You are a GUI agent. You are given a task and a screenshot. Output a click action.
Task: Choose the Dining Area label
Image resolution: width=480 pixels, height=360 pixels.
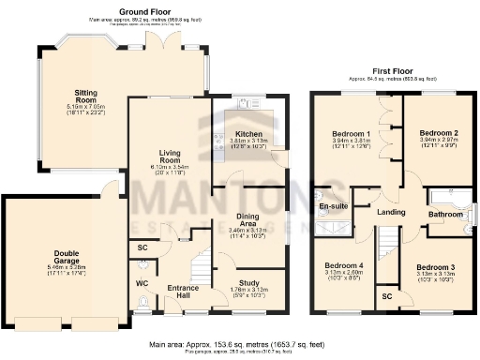(x=247, y=217)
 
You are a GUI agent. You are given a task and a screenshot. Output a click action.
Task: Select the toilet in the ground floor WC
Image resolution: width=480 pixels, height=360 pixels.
(x=142, y=302)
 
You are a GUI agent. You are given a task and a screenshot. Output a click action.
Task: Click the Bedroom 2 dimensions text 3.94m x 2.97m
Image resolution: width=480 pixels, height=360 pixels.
(x=437, y=142)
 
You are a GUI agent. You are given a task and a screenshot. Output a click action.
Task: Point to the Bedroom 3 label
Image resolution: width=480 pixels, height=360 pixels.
(x=437, y=267)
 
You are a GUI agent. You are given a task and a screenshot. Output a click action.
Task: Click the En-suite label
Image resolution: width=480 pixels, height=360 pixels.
(x=333, y=204)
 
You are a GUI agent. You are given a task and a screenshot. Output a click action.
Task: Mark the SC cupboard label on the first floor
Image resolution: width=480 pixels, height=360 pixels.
(x=387, y=296)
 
